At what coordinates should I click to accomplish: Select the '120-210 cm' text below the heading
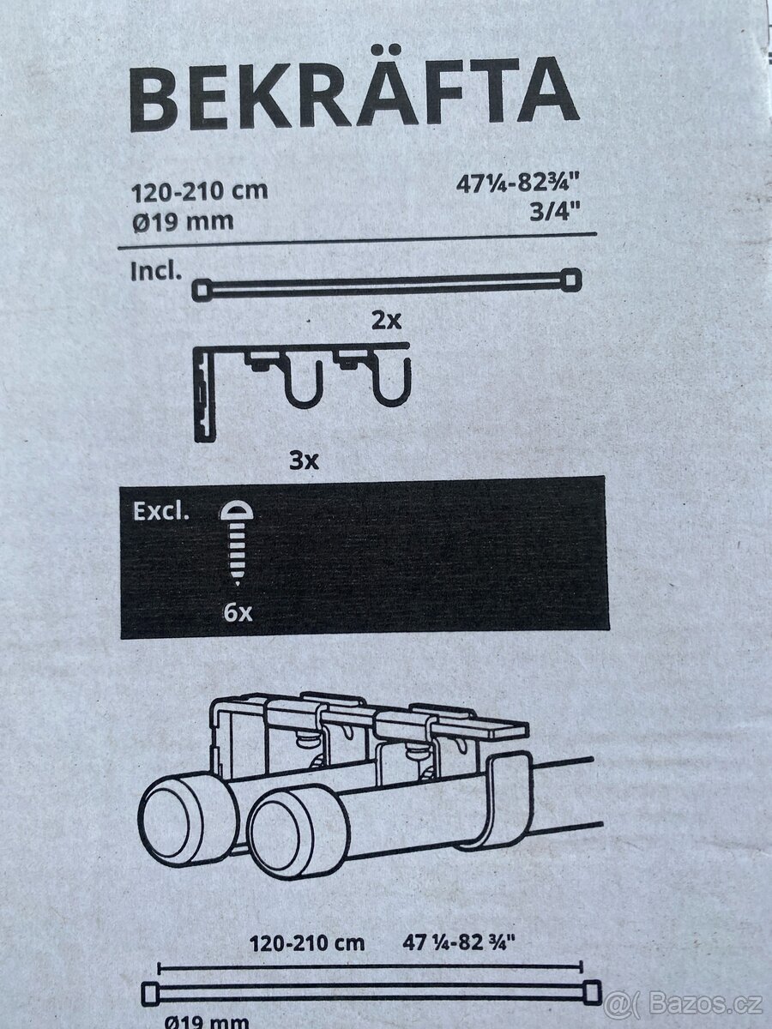click(199, 192)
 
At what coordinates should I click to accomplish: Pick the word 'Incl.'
click(156, 272)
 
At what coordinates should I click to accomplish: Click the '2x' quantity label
click(386, 321)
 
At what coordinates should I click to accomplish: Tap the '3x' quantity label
click(304, 461)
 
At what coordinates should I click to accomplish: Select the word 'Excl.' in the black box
click(161, 511)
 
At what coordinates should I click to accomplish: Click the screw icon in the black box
click(236, 543)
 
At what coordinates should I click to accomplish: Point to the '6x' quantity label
click(238, 612)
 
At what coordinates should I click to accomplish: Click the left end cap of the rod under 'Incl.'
click(202, 290)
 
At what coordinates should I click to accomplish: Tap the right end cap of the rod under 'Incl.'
click(570, 280)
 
